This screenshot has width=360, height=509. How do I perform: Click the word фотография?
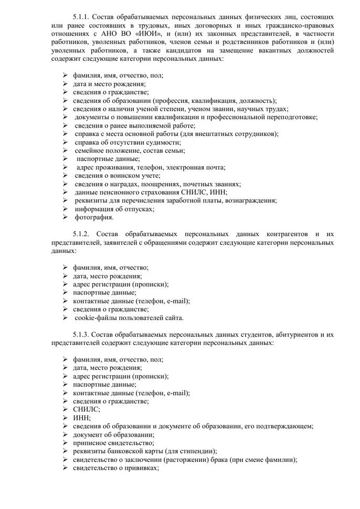(x=94, y=217)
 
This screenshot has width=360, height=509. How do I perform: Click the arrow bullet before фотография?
(x=65, y=217)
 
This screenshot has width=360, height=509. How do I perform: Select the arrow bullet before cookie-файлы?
(x=65, y=318)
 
